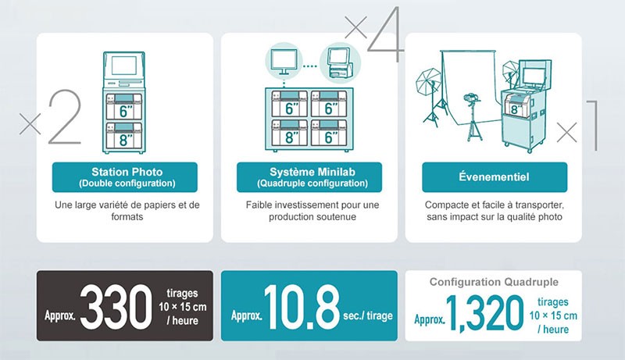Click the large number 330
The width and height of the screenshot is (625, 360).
tap(116, 307)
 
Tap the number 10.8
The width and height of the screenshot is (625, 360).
tap(302, 307)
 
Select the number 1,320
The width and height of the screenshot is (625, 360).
tap(484, 313)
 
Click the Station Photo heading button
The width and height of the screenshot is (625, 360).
tap(125, 177)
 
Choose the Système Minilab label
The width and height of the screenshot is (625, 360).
tap(309, 177)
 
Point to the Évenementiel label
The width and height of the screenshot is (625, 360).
tap(495, 177)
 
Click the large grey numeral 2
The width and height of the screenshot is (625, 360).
tap(65, 116)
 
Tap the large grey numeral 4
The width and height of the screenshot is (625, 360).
tap(384, 34)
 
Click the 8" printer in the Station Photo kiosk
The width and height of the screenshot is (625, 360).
tap(124, 134)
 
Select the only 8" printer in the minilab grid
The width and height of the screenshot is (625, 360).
tap(290, 133)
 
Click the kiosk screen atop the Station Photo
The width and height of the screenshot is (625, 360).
tap(124, 66)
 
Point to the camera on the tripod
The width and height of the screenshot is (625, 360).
tap(471, 98)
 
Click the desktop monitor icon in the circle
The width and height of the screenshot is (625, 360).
tap(284, 62)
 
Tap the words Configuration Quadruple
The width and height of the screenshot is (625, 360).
tap(494, 282)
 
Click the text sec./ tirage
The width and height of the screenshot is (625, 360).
tap(368, 315)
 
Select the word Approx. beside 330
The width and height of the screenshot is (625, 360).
tap(60, 315)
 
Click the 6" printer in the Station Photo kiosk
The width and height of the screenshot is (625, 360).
tap(124, 107)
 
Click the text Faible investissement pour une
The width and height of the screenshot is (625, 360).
tap(312, 205)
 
